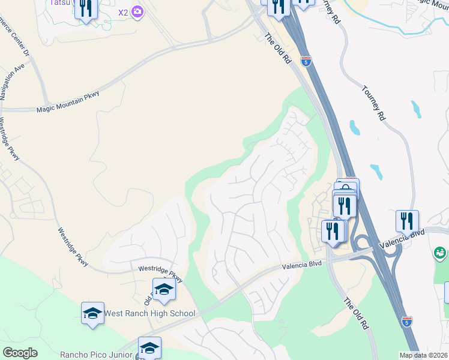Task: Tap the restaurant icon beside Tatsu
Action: coord(86,8)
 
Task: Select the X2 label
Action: coord(123,12)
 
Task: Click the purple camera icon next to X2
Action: coord(138,12)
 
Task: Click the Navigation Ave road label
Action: coord(12,79)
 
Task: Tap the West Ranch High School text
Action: coord(149,313)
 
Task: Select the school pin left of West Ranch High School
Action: coord(92,313)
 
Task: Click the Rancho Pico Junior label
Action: coord(96,355)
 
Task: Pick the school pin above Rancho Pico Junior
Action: coord(149,347)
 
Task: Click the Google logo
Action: coord(20,353)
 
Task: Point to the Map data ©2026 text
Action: coord(423,355)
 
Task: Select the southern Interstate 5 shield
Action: coord(406,321)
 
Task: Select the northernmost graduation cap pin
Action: coord(164,290)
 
